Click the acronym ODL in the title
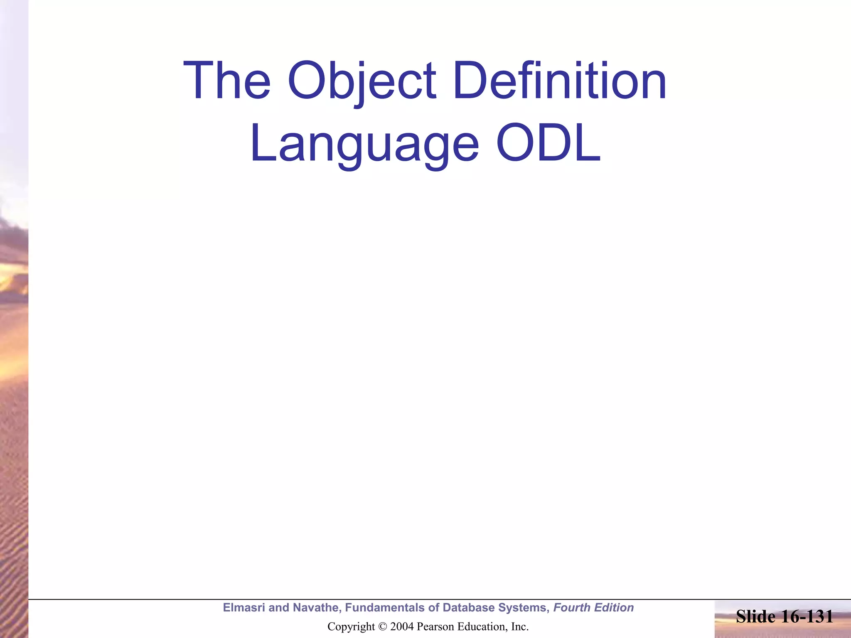tap(548, 143)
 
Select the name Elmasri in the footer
tap(244, 608)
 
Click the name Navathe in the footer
tap(316, 608)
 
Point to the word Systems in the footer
tap(524, 608)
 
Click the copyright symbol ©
tap(383, 626)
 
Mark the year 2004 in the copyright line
tap(402, 626)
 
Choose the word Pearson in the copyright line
tap(434, 626)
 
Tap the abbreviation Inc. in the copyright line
tap(520, 626)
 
